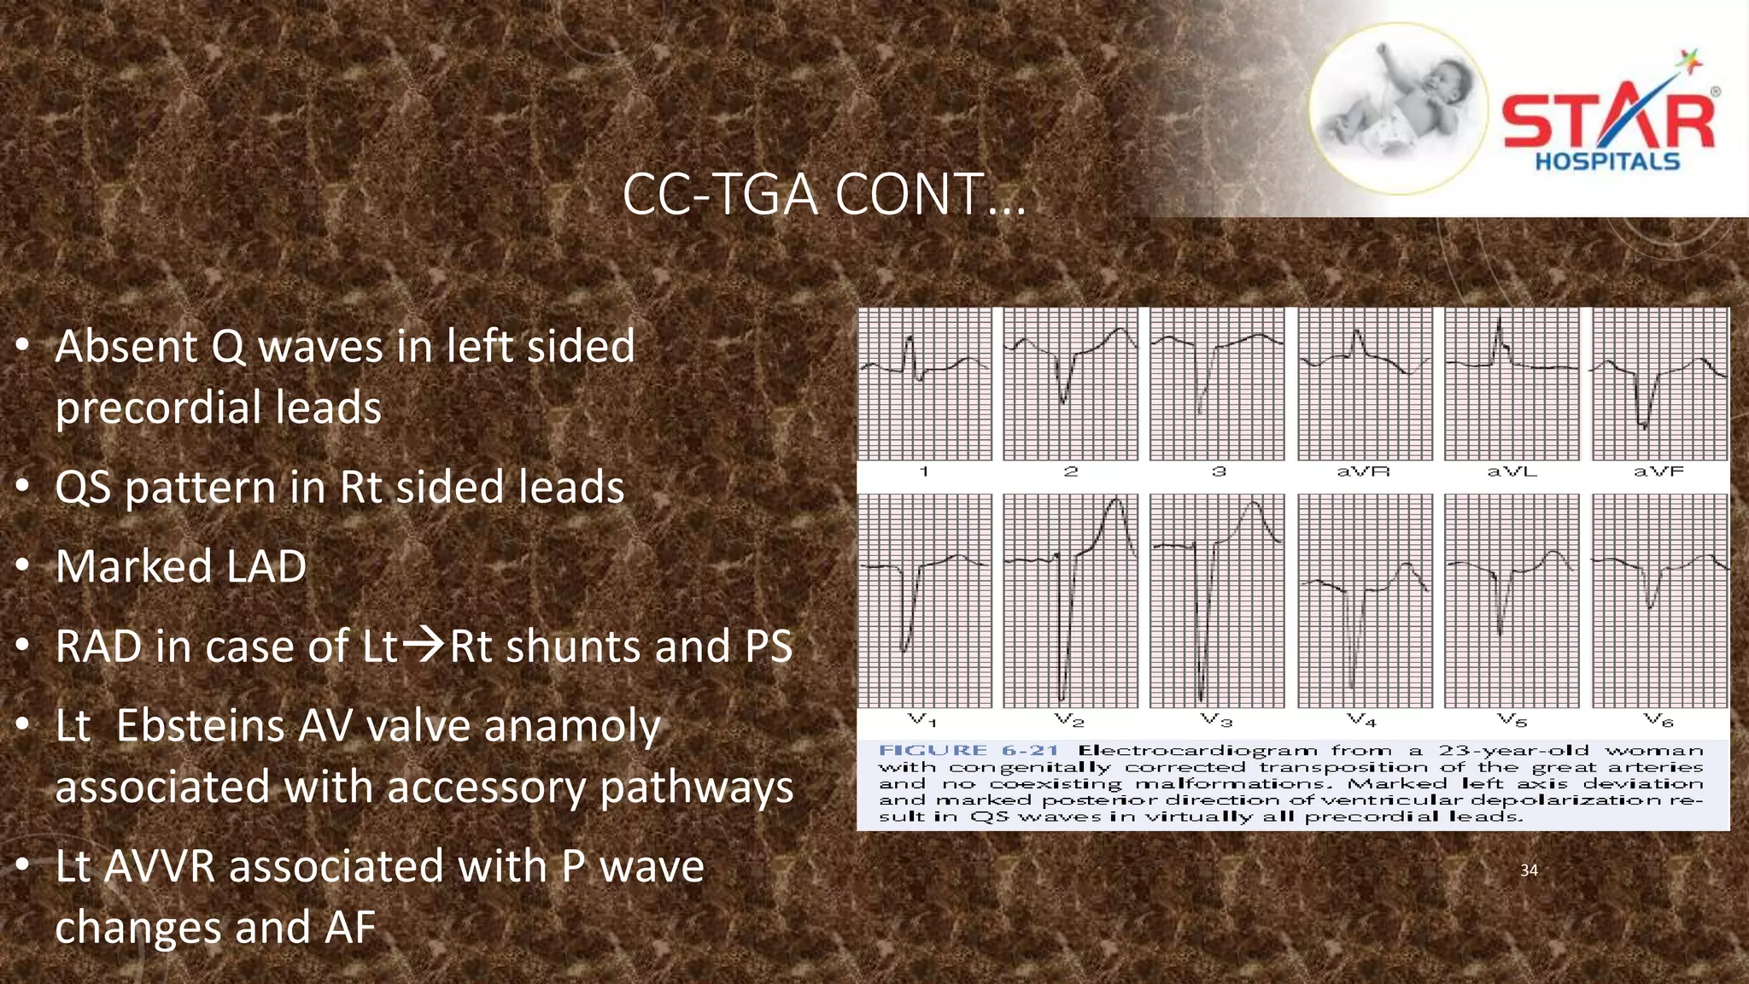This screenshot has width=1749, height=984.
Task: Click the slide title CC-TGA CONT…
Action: (x=823, y=195)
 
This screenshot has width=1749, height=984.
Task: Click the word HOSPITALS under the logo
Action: (x=1607, y=161)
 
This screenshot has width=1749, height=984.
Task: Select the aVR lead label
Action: (x=1364, y=471)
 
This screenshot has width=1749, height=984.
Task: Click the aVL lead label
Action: (x=1512, y=471)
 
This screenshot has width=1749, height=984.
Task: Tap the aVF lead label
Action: (x=1658, y=471)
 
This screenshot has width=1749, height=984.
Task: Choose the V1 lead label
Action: (x=923, y=720)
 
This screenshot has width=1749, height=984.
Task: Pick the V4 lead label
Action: (x=1363, y=720)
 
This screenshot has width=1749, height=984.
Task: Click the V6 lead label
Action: (x=1658, y=720)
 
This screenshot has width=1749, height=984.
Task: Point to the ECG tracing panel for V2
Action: (x=1071, y=600)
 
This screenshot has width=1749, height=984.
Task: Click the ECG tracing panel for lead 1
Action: (x=925, y=384)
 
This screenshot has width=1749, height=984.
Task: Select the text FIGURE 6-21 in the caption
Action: (x=968, y=751)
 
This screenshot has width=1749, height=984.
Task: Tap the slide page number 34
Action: (x=1529, y=870)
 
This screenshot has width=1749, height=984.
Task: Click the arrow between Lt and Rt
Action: (x=424, y=645)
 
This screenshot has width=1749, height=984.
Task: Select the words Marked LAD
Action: (x=181, y=566)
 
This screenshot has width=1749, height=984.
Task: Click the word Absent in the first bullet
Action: (x=126, y=347)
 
